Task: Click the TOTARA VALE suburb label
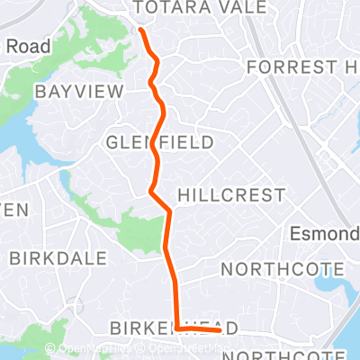click(199, 7)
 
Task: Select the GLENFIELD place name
click(159, 142)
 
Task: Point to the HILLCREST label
click(231, 195)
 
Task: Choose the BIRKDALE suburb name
click(49, 257)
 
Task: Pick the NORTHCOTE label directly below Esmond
click(283, 269)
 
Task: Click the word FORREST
click(285, 67)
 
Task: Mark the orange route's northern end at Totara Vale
click(141, 30)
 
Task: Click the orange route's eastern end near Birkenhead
click(220, 330)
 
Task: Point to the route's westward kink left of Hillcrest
click(149, 191)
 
